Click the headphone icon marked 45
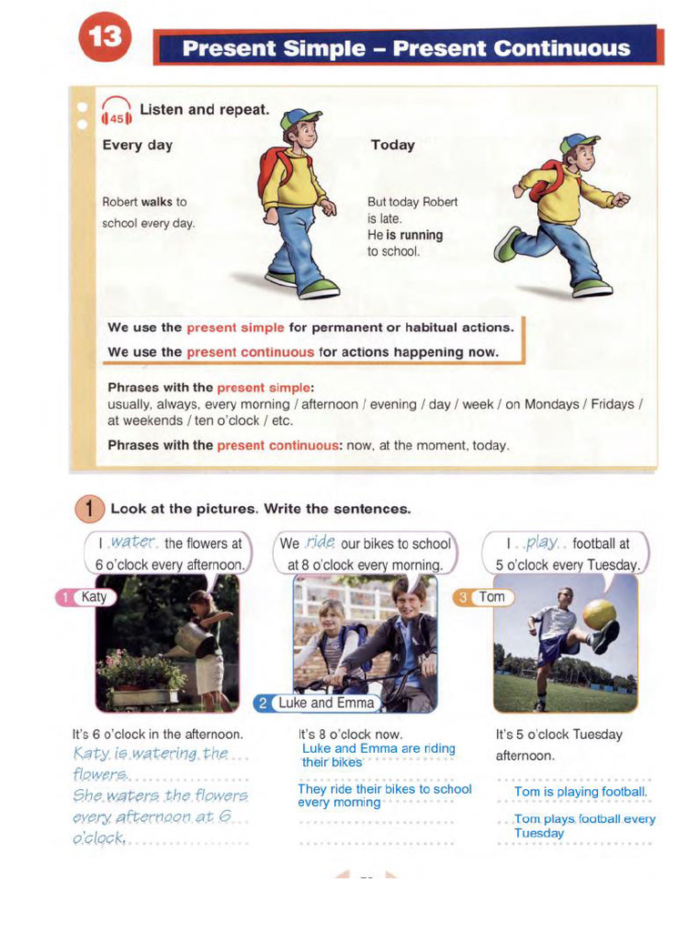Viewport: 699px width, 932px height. (116, 113)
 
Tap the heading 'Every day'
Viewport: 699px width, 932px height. (137, 145)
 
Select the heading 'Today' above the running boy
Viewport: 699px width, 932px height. (392, 145)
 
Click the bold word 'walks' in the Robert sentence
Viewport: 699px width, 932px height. (157, 202)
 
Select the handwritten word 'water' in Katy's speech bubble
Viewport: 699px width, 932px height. (133, 542)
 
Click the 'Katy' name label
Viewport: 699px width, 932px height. (93, 597)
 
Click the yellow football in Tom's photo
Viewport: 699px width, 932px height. (599, 614)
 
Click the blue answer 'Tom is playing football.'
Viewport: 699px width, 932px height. (580, 792)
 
